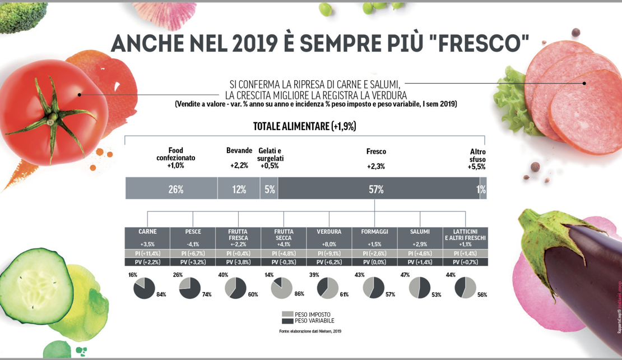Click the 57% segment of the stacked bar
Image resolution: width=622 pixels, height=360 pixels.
point(377,189)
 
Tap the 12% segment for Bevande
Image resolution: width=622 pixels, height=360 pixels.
point(239,189)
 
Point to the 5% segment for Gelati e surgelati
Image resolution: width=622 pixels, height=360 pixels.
point(269,189)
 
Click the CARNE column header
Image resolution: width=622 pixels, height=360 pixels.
point(147,232)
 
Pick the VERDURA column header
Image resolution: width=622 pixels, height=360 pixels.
point(329,232)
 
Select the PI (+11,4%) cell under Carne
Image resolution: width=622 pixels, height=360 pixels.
point(147,253)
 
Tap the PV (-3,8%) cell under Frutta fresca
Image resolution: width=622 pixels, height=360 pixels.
point(238,262)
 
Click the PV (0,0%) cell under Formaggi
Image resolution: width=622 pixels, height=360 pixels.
point(374,262)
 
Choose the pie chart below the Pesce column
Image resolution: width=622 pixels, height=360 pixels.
point(189,288)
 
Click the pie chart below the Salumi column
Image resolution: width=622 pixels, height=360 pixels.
point(420,288)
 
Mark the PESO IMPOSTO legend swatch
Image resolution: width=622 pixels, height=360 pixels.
point(287,315)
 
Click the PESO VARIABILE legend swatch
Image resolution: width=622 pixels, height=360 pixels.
point(287,321)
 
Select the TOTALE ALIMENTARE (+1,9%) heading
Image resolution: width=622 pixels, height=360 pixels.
point(304,126)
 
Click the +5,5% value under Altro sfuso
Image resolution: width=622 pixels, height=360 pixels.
point(477,167)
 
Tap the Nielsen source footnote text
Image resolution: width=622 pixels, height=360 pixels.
point(310,331)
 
